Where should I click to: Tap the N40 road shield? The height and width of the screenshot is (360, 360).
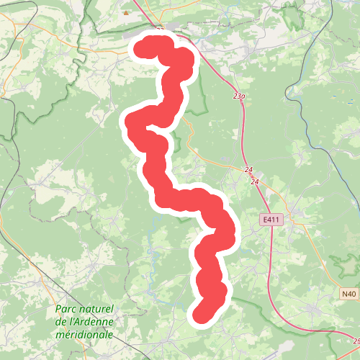coord(348,294)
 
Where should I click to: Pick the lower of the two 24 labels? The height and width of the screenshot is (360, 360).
coord(254,182)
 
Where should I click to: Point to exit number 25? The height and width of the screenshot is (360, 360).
coord(355,341)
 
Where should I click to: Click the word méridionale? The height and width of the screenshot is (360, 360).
coord(84,335)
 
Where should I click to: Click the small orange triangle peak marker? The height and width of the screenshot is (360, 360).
coord(127,12)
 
